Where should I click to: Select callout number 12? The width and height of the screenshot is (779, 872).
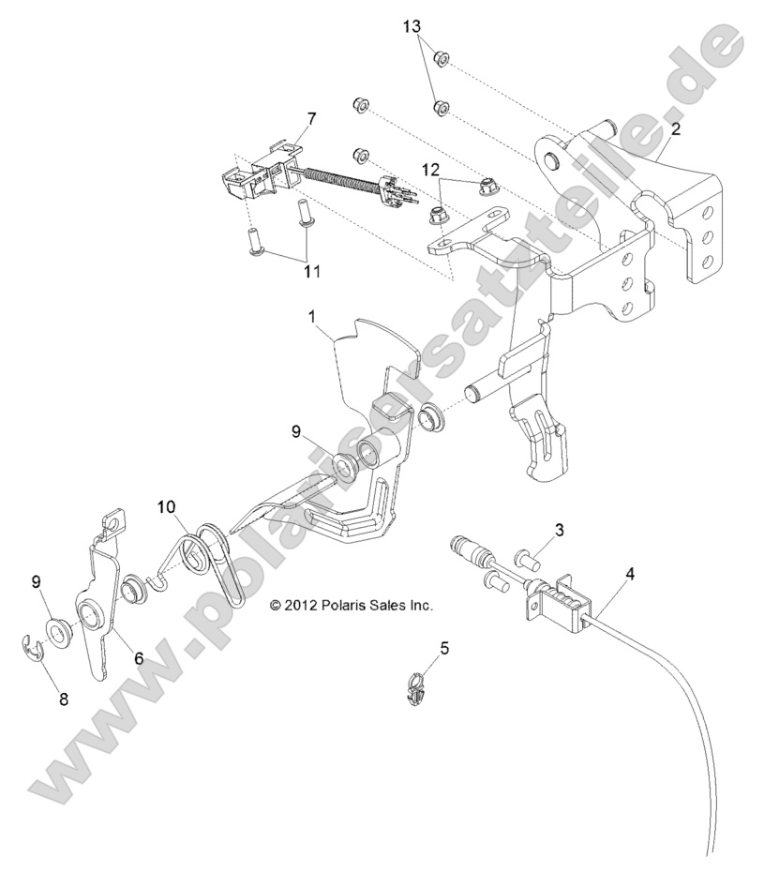[431, 169]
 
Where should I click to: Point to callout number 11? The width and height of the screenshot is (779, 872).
[311, 271]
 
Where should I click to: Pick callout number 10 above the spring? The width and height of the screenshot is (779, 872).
[166, 507]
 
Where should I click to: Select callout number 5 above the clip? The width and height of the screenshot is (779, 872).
[444, 647]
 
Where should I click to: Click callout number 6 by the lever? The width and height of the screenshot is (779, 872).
[138, 659]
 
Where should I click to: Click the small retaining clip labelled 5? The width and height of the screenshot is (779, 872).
[420, 689]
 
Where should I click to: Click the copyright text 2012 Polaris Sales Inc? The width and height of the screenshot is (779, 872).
[352, 606]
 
